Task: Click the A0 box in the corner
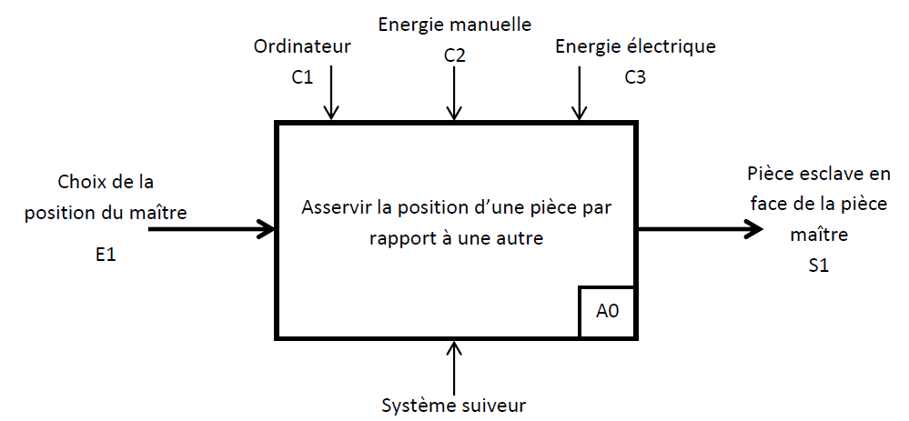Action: point(607,311)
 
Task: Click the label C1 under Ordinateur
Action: point(302,77)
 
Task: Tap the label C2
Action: point(455,56)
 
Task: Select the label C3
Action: point(635,77)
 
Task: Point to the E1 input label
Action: point(106,256)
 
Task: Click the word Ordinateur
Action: point(302,46)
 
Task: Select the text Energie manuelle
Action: point(454,25)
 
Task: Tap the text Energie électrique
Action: point(635,46)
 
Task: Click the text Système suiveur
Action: point(454,405)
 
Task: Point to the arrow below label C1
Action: point(332,95)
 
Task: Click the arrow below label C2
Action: point(454,95)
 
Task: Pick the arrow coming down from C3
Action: point(578,95)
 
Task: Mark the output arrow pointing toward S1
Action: point(701,229)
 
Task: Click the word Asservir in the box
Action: point(334,207)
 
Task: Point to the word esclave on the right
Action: point(826,173)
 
